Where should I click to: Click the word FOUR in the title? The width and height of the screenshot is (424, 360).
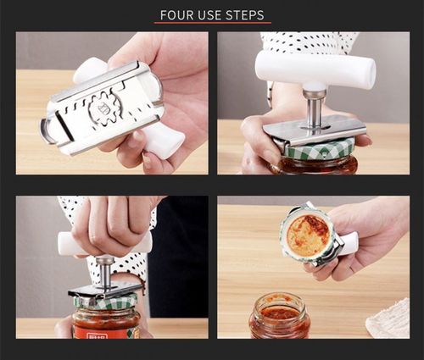point(179,15)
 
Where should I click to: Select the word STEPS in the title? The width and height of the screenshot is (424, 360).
point(246,15)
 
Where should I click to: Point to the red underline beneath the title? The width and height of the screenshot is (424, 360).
point(211,24)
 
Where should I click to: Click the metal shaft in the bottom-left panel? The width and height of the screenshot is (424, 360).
point(105,271)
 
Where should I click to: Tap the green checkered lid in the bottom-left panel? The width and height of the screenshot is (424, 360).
point(105,301)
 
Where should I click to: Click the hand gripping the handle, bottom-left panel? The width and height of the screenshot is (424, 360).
point(110,224)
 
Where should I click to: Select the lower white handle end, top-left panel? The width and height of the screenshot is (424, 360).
point(163,142)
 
